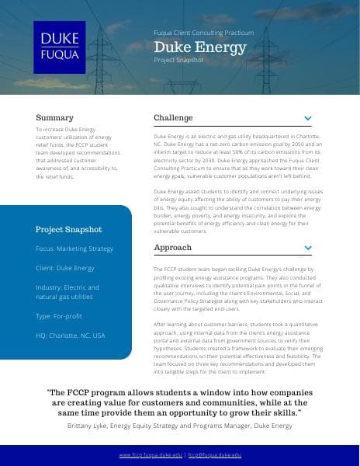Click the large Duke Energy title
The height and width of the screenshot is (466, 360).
[x=199, y=47]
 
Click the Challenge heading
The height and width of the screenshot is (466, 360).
[x=173, y=117]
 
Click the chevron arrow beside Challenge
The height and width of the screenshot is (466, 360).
[x=307, y=119]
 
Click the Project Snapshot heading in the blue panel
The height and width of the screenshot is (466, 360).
[x=68, y=229]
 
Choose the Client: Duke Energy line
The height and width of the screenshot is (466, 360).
[x=65, y=268]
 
